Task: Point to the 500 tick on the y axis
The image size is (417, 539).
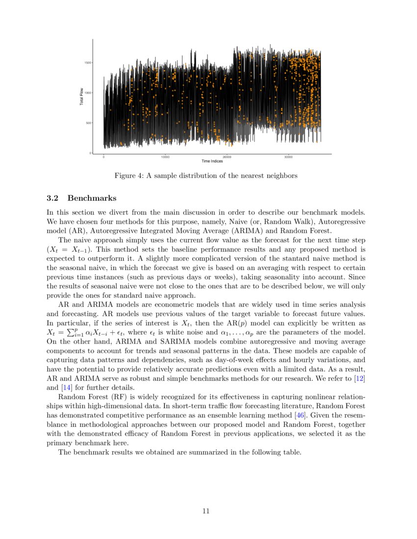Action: pos(87,123)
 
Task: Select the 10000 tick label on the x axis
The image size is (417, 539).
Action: pos(165,157)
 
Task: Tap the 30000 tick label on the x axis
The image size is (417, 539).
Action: pos(288,157)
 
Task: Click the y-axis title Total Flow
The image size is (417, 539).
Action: pos(81,97)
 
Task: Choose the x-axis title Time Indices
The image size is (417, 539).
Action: pos(212,161)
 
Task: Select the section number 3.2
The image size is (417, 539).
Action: pos(52,198)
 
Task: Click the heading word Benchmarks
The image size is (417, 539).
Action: pos(92,198)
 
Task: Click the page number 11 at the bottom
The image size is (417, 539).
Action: pos(206,511)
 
